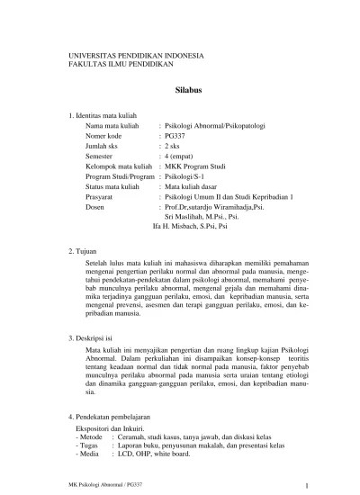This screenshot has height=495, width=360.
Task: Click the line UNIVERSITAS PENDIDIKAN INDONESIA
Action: [136, 56]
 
